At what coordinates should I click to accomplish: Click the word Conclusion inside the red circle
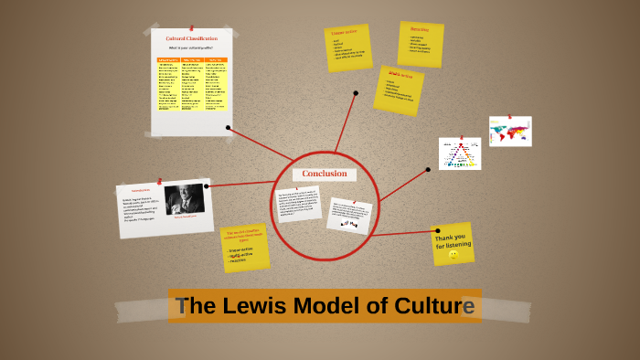[x=325, y=174]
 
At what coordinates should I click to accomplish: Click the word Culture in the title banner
[x=434, y=306]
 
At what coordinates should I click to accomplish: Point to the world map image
[x=510, y=131]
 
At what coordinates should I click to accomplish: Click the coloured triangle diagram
[x=459, y=154]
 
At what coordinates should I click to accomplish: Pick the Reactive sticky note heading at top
[x=419, y=29]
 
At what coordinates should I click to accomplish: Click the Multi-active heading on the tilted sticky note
[x=400, y=76]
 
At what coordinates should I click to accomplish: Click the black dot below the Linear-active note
[x=356, y=92]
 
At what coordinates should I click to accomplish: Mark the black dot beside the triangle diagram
[x=428, y=169]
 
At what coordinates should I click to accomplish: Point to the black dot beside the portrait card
[x=208, y=186]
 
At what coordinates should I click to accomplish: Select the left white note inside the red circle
[x=298, y=204]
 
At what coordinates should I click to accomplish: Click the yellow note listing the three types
[x=245, y=248]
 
